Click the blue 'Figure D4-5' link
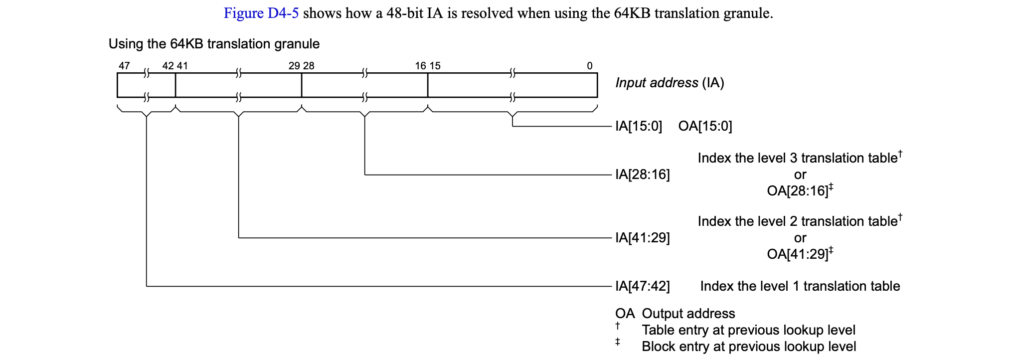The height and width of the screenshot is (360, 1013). point(261,13)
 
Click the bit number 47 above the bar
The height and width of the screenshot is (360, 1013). point(124,66)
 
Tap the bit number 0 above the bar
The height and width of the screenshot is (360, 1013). point(590,66)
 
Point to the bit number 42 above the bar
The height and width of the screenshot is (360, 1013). point(168,66)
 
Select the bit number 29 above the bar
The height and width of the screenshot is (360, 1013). point(294,66)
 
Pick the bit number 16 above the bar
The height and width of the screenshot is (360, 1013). point(421,66)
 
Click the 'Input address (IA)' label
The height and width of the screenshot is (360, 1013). point(670,83)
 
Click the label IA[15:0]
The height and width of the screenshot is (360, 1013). point(639,126)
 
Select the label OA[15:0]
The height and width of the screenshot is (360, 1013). point(705,126)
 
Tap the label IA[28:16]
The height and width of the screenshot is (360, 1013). point(642,175)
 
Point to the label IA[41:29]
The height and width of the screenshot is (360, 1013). point(642,238)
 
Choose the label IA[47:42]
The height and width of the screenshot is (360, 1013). point(642,286)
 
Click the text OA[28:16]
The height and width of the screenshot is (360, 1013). point(797,191)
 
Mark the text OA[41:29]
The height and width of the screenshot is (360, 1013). point(797,254)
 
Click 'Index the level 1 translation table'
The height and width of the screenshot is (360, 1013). point(800,286)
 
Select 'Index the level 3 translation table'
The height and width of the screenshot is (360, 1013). point(797,158)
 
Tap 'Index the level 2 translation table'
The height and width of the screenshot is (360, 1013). point(797,221)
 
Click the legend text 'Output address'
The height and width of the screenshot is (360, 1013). point(688,314)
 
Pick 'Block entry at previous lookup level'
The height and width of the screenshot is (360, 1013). point(749,347)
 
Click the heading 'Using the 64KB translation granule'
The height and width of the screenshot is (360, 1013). point(214,44)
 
